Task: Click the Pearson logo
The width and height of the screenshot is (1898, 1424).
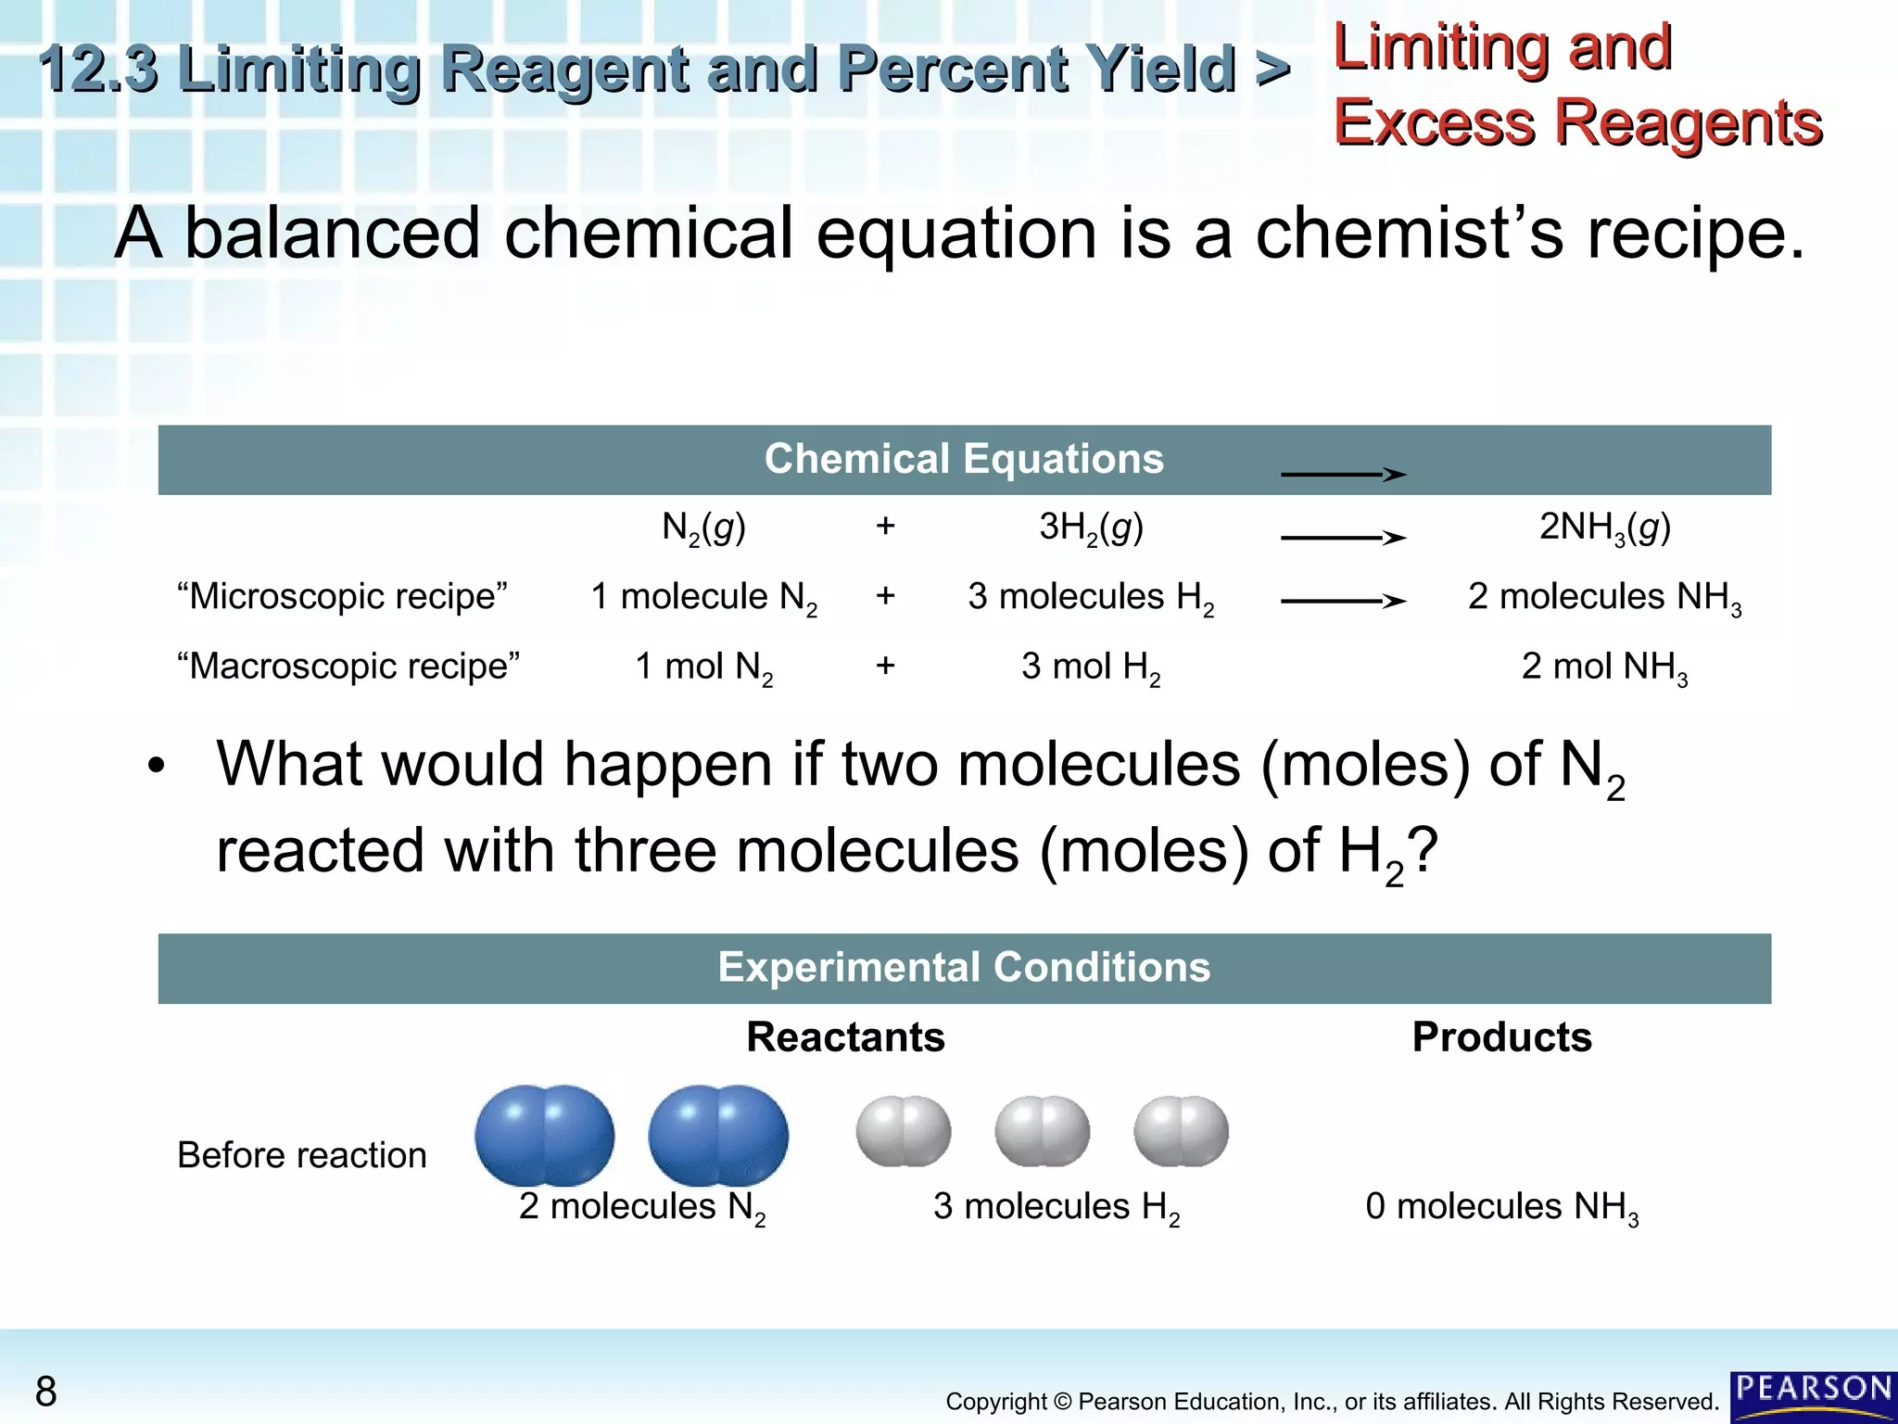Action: coord(1813,1396)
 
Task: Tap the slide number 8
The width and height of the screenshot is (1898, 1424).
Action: coord(45,1392)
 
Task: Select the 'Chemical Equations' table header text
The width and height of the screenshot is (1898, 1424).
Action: coord(964,459)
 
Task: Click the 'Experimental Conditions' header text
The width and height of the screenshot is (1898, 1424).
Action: coord(964,967)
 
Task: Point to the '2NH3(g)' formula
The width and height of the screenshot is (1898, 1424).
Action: coord(1605,528)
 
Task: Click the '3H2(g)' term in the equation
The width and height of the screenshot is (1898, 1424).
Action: coord(1091,528)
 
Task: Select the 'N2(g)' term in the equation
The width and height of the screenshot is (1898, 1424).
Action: coord(703,528)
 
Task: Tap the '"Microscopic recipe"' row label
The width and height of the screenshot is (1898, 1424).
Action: coord(342,596)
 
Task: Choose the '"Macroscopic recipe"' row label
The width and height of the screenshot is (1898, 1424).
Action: coord(348,666)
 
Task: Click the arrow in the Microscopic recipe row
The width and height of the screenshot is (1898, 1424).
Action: coord(1344,602)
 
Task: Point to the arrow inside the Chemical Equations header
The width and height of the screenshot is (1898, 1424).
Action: coord(1344,475)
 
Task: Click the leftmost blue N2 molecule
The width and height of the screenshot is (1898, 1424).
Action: coord(544,1135)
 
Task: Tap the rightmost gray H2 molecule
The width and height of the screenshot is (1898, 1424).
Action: coord(1181,1131)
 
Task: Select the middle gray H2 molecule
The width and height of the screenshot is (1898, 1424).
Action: coord(1042,1131)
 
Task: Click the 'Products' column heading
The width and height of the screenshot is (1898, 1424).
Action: coord(1501,1036)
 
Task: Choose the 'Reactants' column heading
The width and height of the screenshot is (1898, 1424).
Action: coord(845,1036)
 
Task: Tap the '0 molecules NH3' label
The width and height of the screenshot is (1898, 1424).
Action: coord(1501,1207)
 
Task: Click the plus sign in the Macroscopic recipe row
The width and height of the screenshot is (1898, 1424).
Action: coord(885,666)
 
